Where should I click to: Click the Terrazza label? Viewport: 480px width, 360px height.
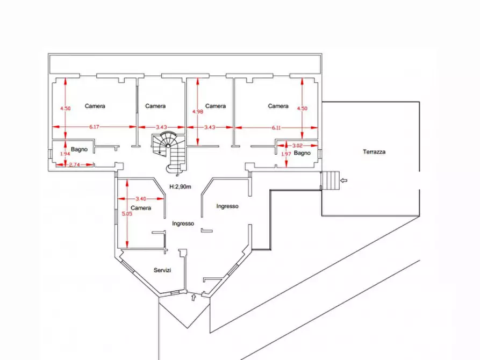pyautogui.click(x=374, y=152)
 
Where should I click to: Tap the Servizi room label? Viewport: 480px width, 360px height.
pyautogui.click(x=162, y=270)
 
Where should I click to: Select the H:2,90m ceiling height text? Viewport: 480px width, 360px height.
pyautogui.click(x=180, y=187)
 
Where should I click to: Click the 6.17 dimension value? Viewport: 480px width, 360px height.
pyautogui.click(x=94, y=127)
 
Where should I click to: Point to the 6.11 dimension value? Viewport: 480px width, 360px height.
pyautogui.click(x=276, y=128)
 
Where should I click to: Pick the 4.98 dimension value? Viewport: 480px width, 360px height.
pyautogui.click(x=198, y=111)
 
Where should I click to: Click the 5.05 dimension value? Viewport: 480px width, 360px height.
pyautogui.click(x=127, y=214)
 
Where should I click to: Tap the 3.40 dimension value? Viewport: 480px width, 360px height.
pyautogui.click(x=141, y=199)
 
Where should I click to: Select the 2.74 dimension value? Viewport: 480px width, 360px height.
pyautogui.click(x=74, y=165)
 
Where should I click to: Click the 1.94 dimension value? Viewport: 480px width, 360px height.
pyautogui.click(x=65, y=154)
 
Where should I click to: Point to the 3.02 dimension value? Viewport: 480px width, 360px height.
pyautogui.click(x=298, y=146)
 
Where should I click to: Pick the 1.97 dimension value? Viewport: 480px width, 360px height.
pyautogui.click(x=286, y=154)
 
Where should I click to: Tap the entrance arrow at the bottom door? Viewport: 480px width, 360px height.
pyautogui.click(x=193, y=297)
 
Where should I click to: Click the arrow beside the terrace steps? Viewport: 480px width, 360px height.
pyautogui.click(x=344, y=181)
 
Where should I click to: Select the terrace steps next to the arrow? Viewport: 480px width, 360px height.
pyautogui.click(x=331, y=181)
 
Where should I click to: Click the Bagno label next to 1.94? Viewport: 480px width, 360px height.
pyautogui.click(x=79, y=149)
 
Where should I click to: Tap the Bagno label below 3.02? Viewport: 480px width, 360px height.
pyautogui.click(x=302, y=153)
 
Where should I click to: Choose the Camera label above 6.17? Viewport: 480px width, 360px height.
pyautogui.click(x=95, y=106)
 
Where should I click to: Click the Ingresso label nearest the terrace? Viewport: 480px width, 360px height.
pyautogui.click(x=227, y=206)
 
